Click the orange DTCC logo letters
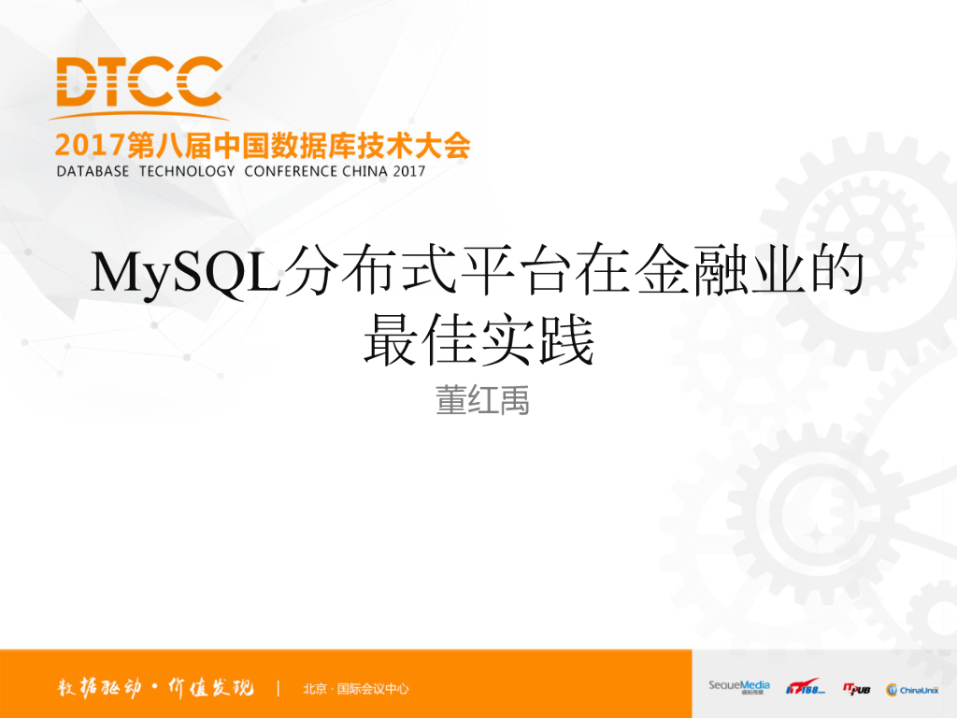coord(138,82)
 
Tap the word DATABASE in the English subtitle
coord(93,171)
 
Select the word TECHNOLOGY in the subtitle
coord(187,171)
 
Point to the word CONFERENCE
coord(291,171)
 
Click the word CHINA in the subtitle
coord(366,171)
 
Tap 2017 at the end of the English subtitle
coord(410,171)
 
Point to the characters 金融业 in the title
coord(721,273)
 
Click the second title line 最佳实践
coord(478,341)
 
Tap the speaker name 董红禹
coord(482,400)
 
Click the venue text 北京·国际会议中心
coord(356,689)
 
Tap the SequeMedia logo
coord(738,687)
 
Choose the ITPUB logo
coord(856,688)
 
